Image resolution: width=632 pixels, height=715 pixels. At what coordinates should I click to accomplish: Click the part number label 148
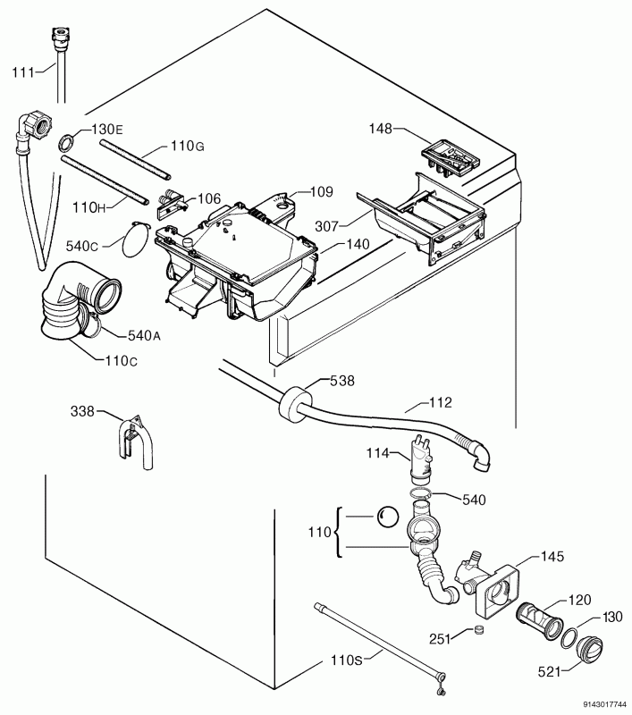pyautogui.click(x=380, y=129)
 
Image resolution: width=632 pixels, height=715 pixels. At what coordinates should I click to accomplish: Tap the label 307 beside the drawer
pyautogui.click(x=327, y=226)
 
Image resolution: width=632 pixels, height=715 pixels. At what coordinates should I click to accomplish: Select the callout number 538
pyautogui.click(x=342, y=381)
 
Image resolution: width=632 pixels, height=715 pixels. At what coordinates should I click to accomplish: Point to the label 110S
pyautogui.click(x=347, y=660)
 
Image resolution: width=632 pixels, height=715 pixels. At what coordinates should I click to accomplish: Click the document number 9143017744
pyautogui.click(x=606, y=704)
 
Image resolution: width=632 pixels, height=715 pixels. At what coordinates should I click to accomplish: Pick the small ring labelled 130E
pyautogui.click(x=65, y=143)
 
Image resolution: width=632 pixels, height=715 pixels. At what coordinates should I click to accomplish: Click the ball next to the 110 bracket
pyautogui.click(x=387, y=517)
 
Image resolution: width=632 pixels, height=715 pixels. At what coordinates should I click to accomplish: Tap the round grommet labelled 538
pyautogui.click(x=293, y=402)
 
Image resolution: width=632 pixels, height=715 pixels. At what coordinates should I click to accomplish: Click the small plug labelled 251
pyautogui.click(x=479, y=630)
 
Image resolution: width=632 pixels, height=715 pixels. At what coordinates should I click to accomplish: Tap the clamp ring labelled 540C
pyautogui.click(x=136, y=240)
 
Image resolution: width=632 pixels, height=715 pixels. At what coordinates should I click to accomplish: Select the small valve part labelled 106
pyautogui.click(x=172, y=203)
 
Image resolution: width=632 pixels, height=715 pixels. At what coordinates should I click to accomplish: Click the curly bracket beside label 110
pyautogui.click(x=339, y=532)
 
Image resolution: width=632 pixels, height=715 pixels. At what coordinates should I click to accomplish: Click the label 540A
pyautogui.click(x=144, y=336)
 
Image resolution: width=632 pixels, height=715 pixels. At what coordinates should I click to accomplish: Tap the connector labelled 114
pyautogui.click(x=421, y=459)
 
